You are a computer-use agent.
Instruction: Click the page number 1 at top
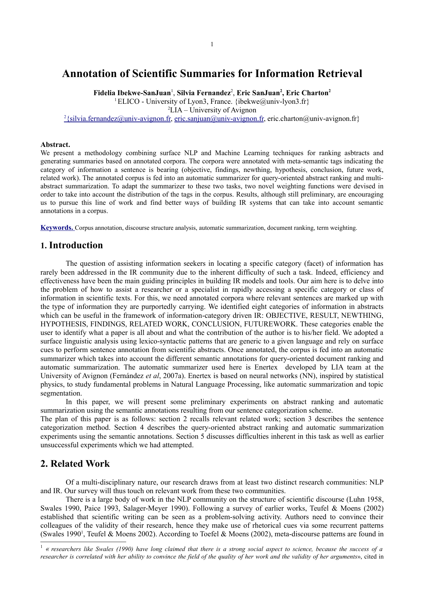(x=212, y=44)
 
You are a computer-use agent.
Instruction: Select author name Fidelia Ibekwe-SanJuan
(x=132, y=93)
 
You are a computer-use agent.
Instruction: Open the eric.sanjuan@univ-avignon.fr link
(x=219, y=119)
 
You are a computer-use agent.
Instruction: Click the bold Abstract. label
(x=55, y=145)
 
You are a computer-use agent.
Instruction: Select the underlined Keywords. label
(x=57, y=228)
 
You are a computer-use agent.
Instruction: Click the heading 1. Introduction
(x=71, y=245)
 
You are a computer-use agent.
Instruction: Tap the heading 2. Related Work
(x=75, y=464)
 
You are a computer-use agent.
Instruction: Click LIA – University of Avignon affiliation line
(x=212, y=110)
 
